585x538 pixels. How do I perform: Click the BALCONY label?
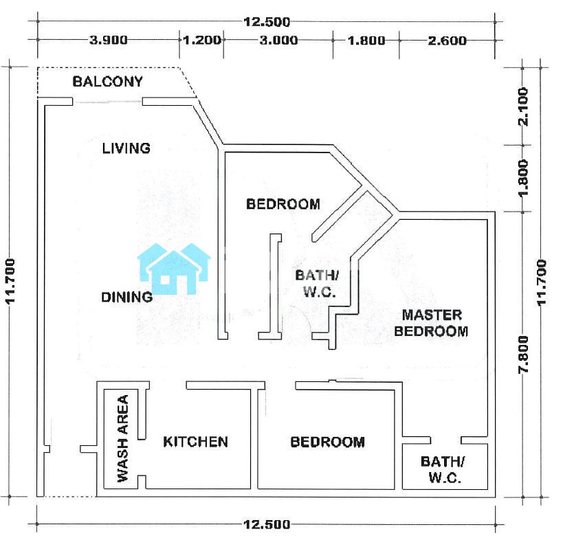[x=107, y=81]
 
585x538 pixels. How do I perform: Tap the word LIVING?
[x=126, y=148]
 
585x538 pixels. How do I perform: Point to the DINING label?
[x=127, y=297]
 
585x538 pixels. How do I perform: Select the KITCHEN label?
[x=195, y=442]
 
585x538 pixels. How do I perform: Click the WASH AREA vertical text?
[x=123, y=438]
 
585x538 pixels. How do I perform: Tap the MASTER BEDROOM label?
[x=431, y=323]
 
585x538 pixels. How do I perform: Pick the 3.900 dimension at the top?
[x=108, y=40]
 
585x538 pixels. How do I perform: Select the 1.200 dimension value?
[x=202, y=40]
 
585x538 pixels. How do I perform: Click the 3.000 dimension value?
[x=278, y=40]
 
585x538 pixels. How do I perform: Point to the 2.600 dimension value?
[x=447, y=40]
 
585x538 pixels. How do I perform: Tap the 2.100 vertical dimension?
[x=523, y=107]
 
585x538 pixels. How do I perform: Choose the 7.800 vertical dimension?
[x=523, y=354]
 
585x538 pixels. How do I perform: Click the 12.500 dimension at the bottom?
[x=267, y=524]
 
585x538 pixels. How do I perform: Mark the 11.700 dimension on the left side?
[x=10, y=282]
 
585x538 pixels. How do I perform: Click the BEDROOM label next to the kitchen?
[x=328, y=442]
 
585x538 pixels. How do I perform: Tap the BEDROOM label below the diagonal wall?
[x=283, y=204]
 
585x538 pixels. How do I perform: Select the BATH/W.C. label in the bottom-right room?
[x=443, y=469]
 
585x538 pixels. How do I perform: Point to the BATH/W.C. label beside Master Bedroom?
[x=318, y=283]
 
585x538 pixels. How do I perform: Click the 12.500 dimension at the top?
[x=267, y=21]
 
